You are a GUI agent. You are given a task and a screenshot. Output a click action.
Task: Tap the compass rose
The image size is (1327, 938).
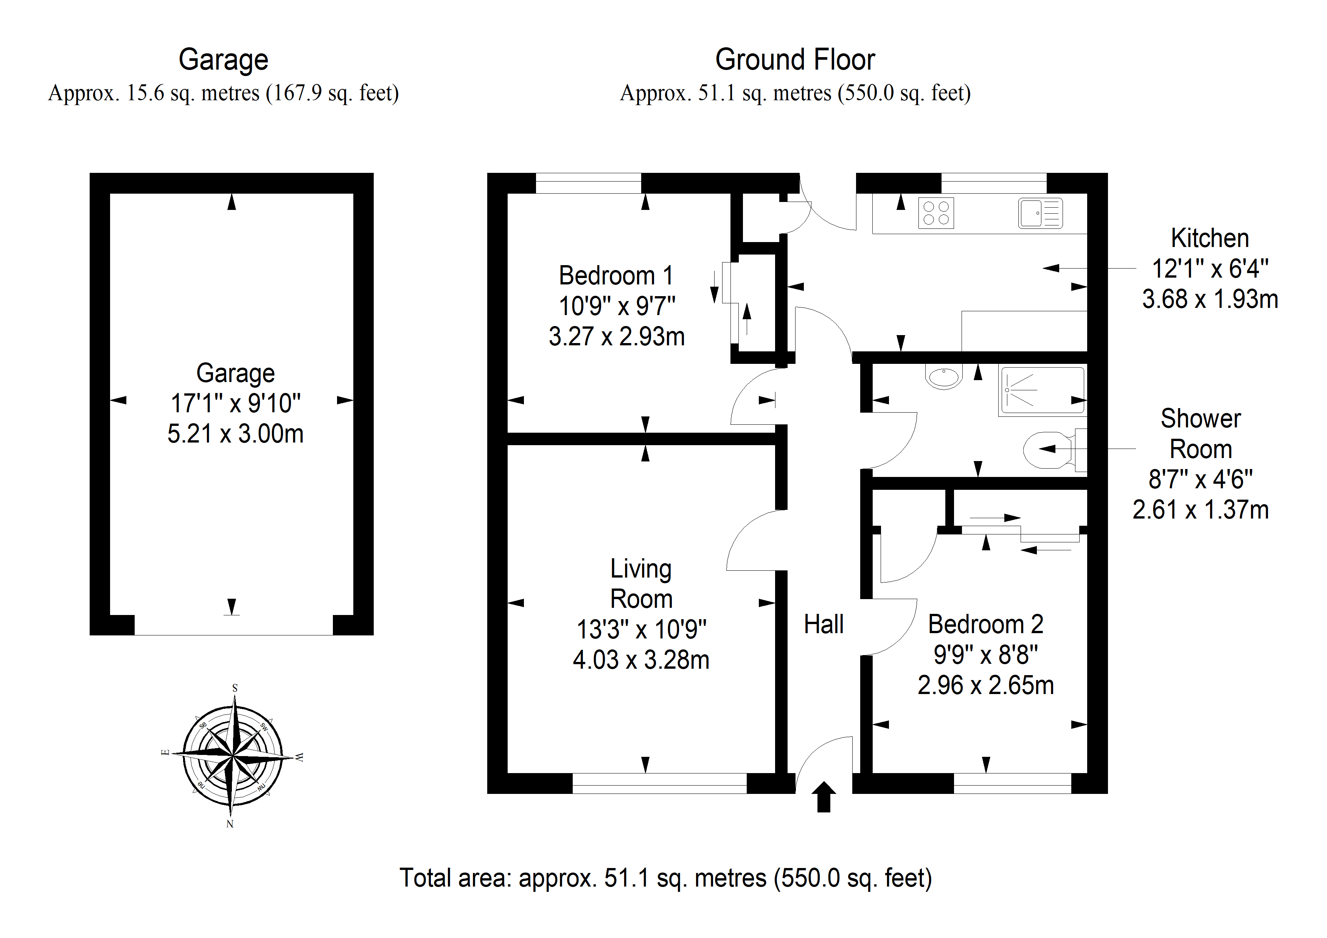(232, 755)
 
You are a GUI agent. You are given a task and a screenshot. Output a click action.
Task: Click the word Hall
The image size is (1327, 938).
(824, 624)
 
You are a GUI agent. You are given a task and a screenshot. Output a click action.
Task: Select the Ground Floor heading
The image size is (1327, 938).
(795, 59)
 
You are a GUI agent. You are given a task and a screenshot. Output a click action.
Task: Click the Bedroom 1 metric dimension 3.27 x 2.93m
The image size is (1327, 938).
(617, 336)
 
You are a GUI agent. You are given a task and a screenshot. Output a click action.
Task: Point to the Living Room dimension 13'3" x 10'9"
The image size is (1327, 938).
(642, 629)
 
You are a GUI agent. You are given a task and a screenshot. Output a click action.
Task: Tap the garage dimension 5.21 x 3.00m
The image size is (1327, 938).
(235, 433)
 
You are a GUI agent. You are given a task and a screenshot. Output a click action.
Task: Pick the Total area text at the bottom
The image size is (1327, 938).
(666, 878)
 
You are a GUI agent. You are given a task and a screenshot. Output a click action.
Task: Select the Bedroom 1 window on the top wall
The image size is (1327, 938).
(588, 183)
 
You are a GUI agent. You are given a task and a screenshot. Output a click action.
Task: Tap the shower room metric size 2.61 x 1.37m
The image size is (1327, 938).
(1200, 510)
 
